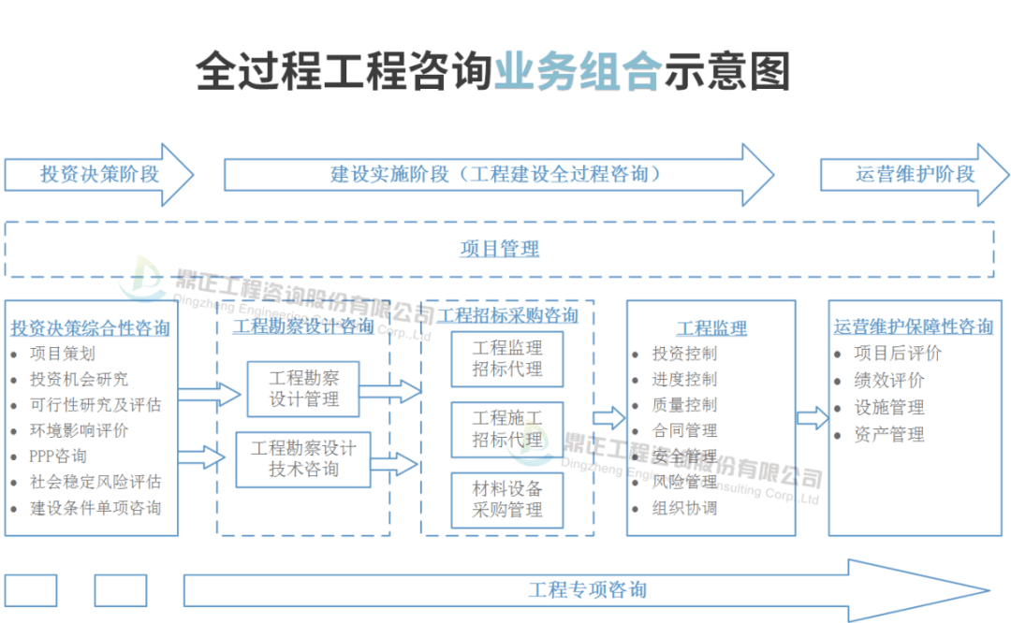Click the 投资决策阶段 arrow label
[x=99, y=174]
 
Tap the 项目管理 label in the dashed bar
[x=499, y=249]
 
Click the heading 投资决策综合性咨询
[x=91, y=327]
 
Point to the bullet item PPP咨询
[x=58, y=456]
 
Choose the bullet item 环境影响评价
[x=79, y=430]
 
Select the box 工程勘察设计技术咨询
[x=303, y=458]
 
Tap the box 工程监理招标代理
[x=507, y=358]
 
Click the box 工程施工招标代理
[x=507, y=428]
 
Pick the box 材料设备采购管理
[x=507, y=500]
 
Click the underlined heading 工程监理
[x=711, y=327]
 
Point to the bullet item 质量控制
[x=684, y=405]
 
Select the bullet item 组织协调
[x=684, y=508]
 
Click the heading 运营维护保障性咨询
[x=914, y=326]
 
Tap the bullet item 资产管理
[x=888, y=434]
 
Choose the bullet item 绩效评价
[x=888, y=381]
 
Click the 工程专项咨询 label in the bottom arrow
[x=587, y=590]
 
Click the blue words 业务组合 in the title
[x=578, y=72]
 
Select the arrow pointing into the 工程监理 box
[x=609, y=417]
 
